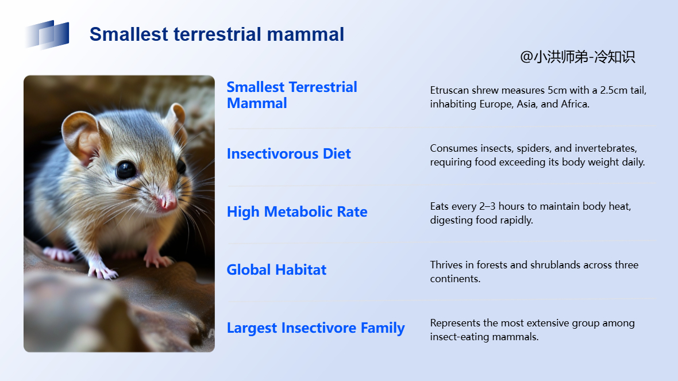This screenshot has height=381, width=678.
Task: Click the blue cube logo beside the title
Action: [x=47, y=34]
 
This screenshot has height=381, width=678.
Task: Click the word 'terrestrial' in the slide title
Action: [x=218, y=34]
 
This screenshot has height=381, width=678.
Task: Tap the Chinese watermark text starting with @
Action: [x=577, y=57]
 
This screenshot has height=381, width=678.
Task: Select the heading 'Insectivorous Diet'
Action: [x=289, y=154]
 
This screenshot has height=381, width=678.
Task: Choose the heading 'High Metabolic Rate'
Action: [x=297, y=212]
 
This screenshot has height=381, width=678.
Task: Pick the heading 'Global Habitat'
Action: [x=277, y=270]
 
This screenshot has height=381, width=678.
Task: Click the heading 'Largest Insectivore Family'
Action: [x=315, y=328]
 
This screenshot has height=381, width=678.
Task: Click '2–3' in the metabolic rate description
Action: [x=487, y=206]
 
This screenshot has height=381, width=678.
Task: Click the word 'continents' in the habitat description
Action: [x=454, y=279]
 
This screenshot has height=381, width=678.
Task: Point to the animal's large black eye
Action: [x=126, y=170]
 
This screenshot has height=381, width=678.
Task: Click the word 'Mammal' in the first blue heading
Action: [x=257, y=103]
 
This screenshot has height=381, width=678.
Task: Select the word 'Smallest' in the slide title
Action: [x=129, y=34]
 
